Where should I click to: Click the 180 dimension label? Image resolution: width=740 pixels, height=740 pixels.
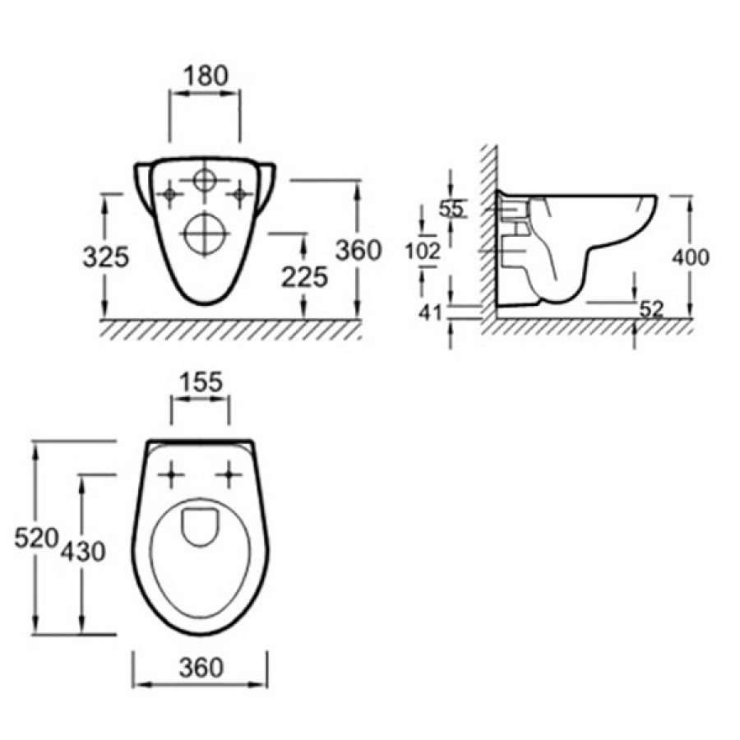pyautogui.click(x=206, y=76)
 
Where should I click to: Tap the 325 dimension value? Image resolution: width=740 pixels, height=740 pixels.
pyautogui.click(x=106, y=257)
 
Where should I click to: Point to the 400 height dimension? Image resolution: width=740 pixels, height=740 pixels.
pyautogui.click(x=691, y=257)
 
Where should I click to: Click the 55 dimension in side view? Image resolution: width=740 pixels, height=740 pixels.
pyautogui.click(x=452, y=208)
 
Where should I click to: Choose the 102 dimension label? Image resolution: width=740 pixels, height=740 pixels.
pyautogui.click(x=423, y=251)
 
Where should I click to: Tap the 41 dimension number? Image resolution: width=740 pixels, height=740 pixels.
pyautogui.click(x=431, y=312)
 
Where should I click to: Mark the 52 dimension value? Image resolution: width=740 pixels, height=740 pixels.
pyautogui.click(x=652, y=310)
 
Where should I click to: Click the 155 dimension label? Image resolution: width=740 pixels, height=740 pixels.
pyautogui.click(x=201, y=382)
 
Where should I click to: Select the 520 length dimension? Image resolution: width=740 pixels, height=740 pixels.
pyautogui.click(x=36, y=538)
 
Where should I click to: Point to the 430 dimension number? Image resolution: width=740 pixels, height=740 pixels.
pyautogui.click(x=82, y=551)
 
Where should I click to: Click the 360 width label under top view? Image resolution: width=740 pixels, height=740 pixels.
pyautogui.click(x=201, y=668)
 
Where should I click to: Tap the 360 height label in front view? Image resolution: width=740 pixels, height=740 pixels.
pyautogui.click(x=358, y=250)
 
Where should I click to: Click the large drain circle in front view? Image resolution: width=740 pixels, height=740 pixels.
pyautogui.click(x=205, y=234)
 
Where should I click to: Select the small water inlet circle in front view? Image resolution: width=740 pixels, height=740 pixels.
pyautogui.click(x=205, y=180)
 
